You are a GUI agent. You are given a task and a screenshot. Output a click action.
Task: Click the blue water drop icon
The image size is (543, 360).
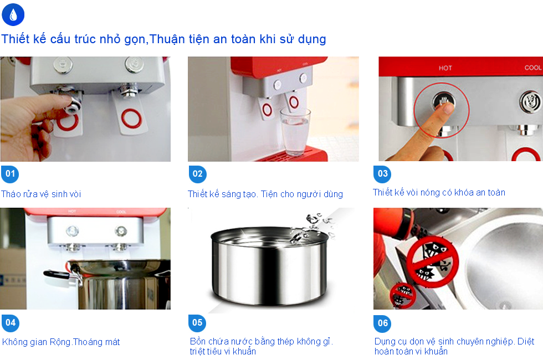click(13, 14)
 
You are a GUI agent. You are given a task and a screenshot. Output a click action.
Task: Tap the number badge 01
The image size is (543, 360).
click(10, 174)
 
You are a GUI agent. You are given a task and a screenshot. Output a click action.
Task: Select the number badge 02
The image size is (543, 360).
click(197, 174)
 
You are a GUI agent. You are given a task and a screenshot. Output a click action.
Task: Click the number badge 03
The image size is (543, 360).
click(382, 174)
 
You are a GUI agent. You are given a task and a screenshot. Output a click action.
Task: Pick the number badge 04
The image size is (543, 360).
click(11, 323)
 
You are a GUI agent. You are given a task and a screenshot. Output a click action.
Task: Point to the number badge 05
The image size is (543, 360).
click(197, 323)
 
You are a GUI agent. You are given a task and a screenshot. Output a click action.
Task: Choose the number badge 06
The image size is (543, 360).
click(382, 323)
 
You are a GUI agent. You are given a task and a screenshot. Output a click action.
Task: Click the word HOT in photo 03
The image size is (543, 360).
click(445, 68)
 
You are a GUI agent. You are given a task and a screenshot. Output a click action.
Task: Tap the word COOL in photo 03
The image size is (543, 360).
click(532, 68)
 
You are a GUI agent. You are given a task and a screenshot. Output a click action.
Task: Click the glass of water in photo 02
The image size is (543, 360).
click(295, 132)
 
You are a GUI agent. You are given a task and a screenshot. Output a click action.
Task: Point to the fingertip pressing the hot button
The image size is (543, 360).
click(446, 108)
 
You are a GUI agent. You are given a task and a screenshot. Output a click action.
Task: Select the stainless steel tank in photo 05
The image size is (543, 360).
click(269, 265)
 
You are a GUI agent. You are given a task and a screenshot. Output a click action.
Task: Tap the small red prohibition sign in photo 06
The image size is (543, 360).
click(403, 295)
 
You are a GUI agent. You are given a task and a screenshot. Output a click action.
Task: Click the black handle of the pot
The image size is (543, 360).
click(57, 275)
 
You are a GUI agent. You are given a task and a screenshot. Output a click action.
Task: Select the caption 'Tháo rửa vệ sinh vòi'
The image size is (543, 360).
click(41, 194)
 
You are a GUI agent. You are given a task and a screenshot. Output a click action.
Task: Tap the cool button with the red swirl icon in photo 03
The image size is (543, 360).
click(530, 102)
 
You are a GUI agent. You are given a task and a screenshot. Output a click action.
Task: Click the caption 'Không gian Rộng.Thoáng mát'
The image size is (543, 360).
click(61, 342)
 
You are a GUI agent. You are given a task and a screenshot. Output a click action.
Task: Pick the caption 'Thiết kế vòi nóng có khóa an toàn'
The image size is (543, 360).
click(439, 192)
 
